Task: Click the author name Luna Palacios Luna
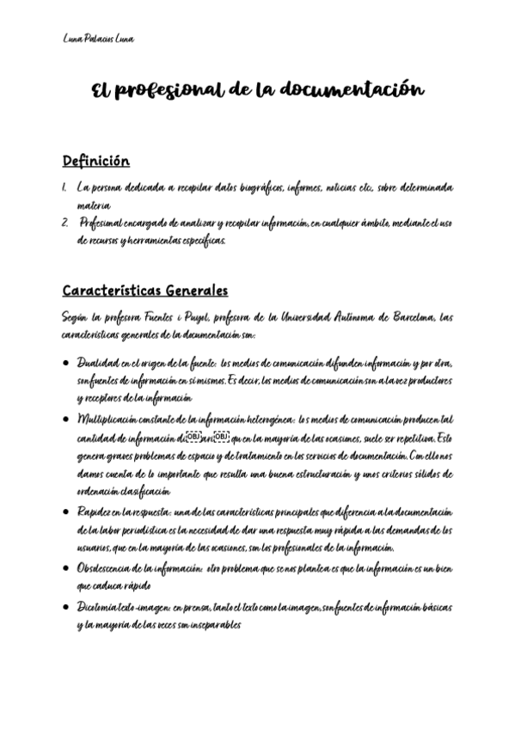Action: (x=99, y=40)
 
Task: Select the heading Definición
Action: (x=95, y=161)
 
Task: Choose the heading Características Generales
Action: (x=144, y=291)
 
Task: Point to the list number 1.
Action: (x=64, y=187)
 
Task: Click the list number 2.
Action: (x=65, y=223)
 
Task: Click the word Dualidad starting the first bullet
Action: (x=94, y=362)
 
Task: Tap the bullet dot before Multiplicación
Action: (x=65, y=419)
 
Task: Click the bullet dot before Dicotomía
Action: (x=65, y=607)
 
